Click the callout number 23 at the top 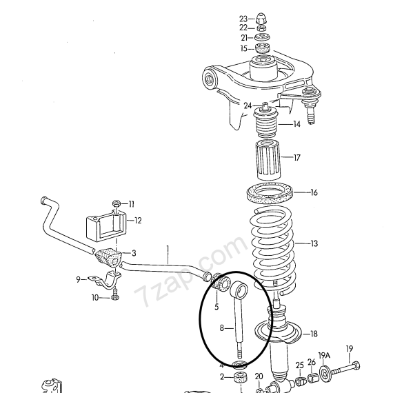click(x=243, y=19)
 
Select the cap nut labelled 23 click(x=261, y=18)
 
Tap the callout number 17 click(x=297, y=158)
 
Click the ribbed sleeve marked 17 click(x=268, y=160)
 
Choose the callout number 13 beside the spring click(x=314, y=243)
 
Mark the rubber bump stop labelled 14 click(x=265, y=122)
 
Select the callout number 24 click(x=248, y=105)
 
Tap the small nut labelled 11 click(x=116, y=203)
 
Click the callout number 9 click(x=79, y=279)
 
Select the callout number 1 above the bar click(x=168, y=249)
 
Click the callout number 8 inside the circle click(x=222, y=327)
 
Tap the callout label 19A click(x=324, y=355)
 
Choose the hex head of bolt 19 click(x=355, y=365)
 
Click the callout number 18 click(x=314, y=334)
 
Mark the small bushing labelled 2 click(x=241, y=376)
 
